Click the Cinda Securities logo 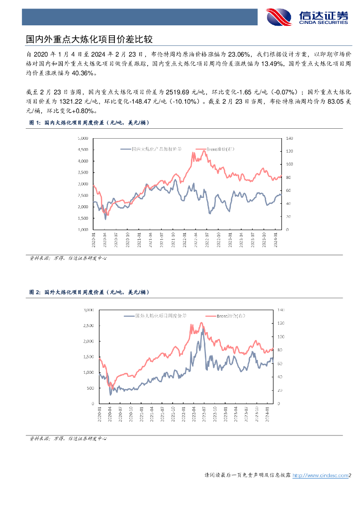point(307,17)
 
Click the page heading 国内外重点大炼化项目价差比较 point(89,39)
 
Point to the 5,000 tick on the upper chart point(84,138)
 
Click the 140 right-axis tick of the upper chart point(290,138)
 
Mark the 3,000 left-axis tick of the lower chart point(89,310)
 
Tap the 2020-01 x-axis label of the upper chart point(93,240)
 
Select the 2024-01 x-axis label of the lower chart point(268,412)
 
